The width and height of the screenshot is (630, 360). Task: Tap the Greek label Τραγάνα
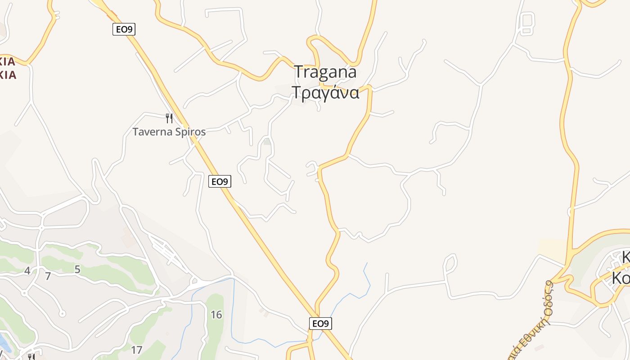[x=326, y=92]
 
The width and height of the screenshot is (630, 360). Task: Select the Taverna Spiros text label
[x=169, y=132]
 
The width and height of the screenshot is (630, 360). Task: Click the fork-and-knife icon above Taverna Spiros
[x=169, y=118]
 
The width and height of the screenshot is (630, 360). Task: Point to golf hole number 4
[x=27, y=271]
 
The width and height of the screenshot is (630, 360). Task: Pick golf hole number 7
[x=48, y=276]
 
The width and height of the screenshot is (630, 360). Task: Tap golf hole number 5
[x=77, y=270]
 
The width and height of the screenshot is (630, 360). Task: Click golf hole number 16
[x=216, y=315]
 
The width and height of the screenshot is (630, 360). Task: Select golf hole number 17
[x=136, y=350]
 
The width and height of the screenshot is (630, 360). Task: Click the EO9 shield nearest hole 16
[x=320, y=323]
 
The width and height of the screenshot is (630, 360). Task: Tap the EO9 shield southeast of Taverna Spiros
[x=220, y=181]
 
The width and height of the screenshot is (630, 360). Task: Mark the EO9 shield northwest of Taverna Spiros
[x=124, y=29]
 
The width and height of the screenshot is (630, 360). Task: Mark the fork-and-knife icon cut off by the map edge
[x=31, y=357]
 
